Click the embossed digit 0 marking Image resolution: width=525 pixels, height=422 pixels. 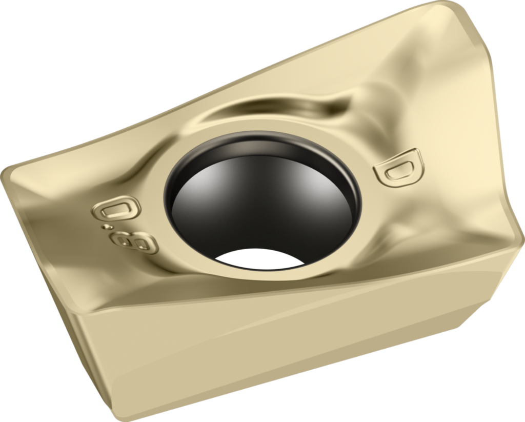116,209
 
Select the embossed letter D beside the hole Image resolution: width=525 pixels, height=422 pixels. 399,166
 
